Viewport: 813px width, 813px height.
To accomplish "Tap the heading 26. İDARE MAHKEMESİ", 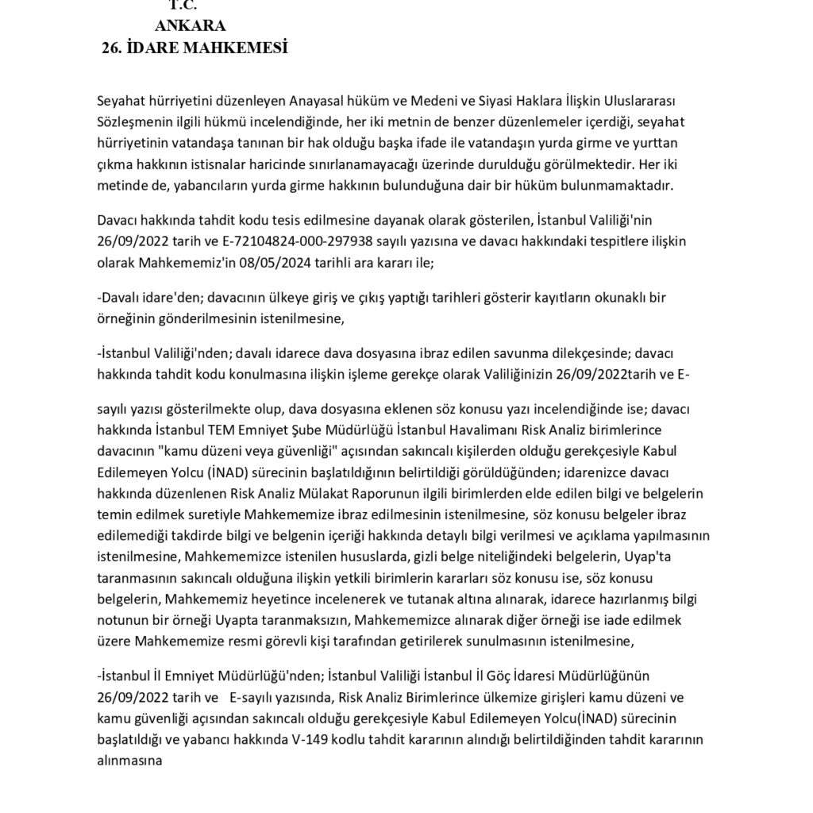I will coord(194,48).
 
